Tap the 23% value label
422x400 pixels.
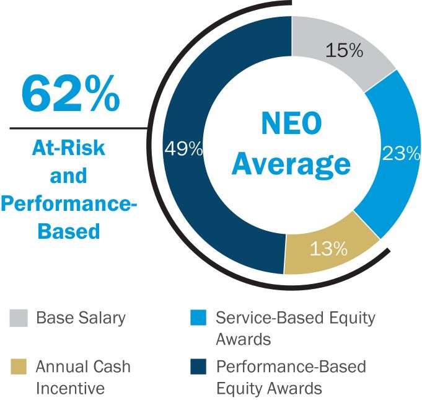(x=400, y=153)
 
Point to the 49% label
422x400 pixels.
(x=183, y=149)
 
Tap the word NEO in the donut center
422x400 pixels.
(x=290, y=126)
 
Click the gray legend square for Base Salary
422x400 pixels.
(x=18, y=319)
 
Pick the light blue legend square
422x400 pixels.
(x=197, y=319)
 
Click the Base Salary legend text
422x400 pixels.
(x=81, y=319)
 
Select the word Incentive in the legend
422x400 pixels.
(x=70, y=389)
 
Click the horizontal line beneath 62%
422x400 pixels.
(x=74, y=128)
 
